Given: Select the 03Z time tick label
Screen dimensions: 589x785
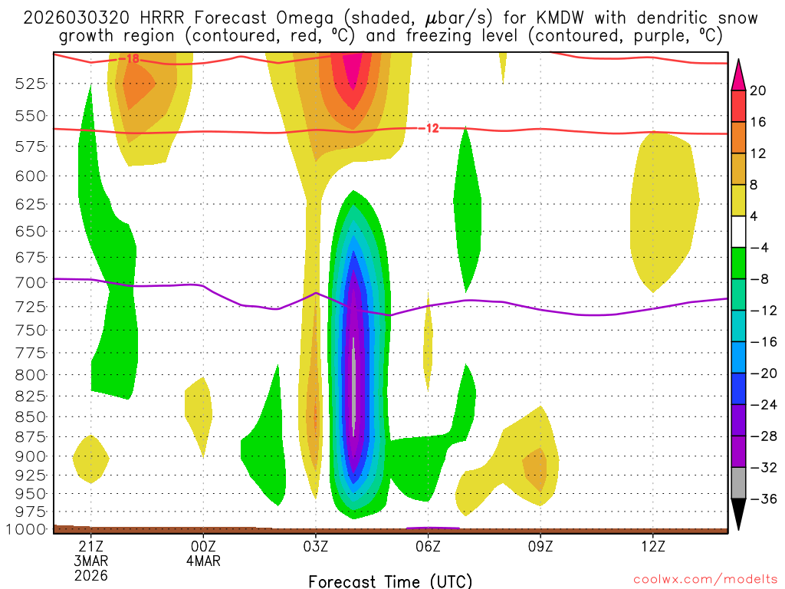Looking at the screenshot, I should click(316, 547).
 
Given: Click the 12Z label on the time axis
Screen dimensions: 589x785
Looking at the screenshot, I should click(652, 547).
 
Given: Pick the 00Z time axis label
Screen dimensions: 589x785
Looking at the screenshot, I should click(203, 547).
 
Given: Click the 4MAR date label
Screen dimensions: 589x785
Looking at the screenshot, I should click(203, 561).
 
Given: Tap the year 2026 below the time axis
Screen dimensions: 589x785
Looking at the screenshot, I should click(91, 574).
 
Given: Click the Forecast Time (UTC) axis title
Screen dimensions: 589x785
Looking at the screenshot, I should click(390, 581).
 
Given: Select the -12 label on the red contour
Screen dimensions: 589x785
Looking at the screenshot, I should click(432, 128).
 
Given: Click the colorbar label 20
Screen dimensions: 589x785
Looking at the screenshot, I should click(758, 91).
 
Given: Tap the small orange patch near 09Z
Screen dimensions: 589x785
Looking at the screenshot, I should click(535, 466).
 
